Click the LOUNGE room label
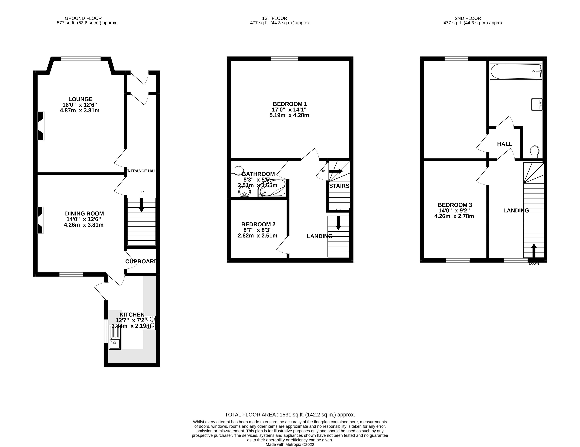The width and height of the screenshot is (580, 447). tap(80, 99)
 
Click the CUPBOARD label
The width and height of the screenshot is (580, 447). tap(141, 262)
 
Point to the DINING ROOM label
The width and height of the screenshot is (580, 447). tap(85, 214)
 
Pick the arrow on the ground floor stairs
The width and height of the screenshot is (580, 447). tap(142, 205)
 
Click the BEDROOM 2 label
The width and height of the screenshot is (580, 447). tap(258, 224)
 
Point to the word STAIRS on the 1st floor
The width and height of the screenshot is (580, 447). tap(339, 186)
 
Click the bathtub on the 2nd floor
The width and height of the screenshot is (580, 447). tap(516, 71)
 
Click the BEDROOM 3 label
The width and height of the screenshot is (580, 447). tap(455, 205)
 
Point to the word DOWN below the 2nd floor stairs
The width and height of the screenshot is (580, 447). tap(534, 264)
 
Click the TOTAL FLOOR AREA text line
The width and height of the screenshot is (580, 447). tap(290, 415)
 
